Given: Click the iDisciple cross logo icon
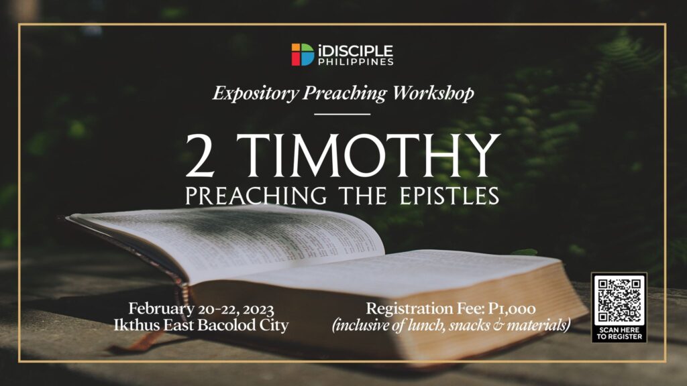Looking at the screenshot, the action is [303, 54].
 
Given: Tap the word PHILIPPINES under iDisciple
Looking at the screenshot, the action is [356, 62].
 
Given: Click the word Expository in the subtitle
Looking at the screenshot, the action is [256, 92].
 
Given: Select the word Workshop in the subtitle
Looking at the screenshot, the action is [433, 92].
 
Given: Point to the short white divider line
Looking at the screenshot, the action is [343, 114].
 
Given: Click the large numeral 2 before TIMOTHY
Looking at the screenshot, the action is [200, 155].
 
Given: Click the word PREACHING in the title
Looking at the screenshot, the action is [256, 195].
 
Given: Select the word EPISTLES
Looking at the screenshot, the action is [450, 195].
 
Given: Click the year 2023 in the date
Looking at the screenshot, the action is [258, 309].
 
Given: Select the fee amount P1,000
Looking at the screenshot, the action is [512, 309].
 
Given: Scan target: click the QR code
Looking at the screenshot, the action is [619, 300].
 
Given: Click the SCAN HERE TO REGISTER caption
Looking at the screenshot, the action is [619, 334].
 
